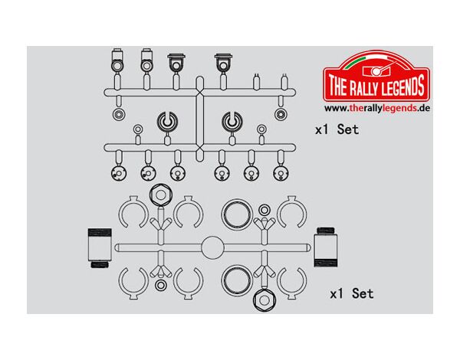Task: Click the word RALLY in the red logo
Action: (363, 87)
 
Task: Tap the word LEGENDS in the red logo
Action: (402, 85)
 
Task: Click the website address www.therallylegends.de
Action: (377, 108)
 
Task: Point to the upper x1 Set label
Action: (337, 129)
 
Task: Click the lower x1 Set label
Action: (352, 293)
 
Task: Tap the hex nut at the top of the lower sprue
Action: (161, 195)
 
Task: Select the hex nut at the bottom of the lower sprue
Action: (264, 300)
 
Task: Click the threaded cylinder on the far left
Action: (100, 248)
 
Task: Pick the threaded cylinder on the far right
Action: (326, 247)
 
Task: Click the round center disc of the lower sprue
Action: (212, 247)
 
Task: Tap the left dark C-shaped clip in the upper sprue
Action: (167, 121)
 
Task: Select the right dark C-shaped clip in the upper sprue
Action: (232, 121)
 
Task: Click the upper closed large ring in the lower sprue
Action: (237, 214)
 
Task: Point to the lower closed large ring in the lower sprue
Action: (237, 280)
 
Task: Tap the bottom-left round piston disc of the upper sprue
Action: (119, 174)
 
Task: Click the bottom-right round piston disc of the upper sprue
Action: (281, 174)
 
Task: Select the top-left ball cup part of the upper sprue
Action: (117, 61)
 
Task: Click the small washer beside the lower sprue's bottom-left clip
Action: (160, 285)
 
